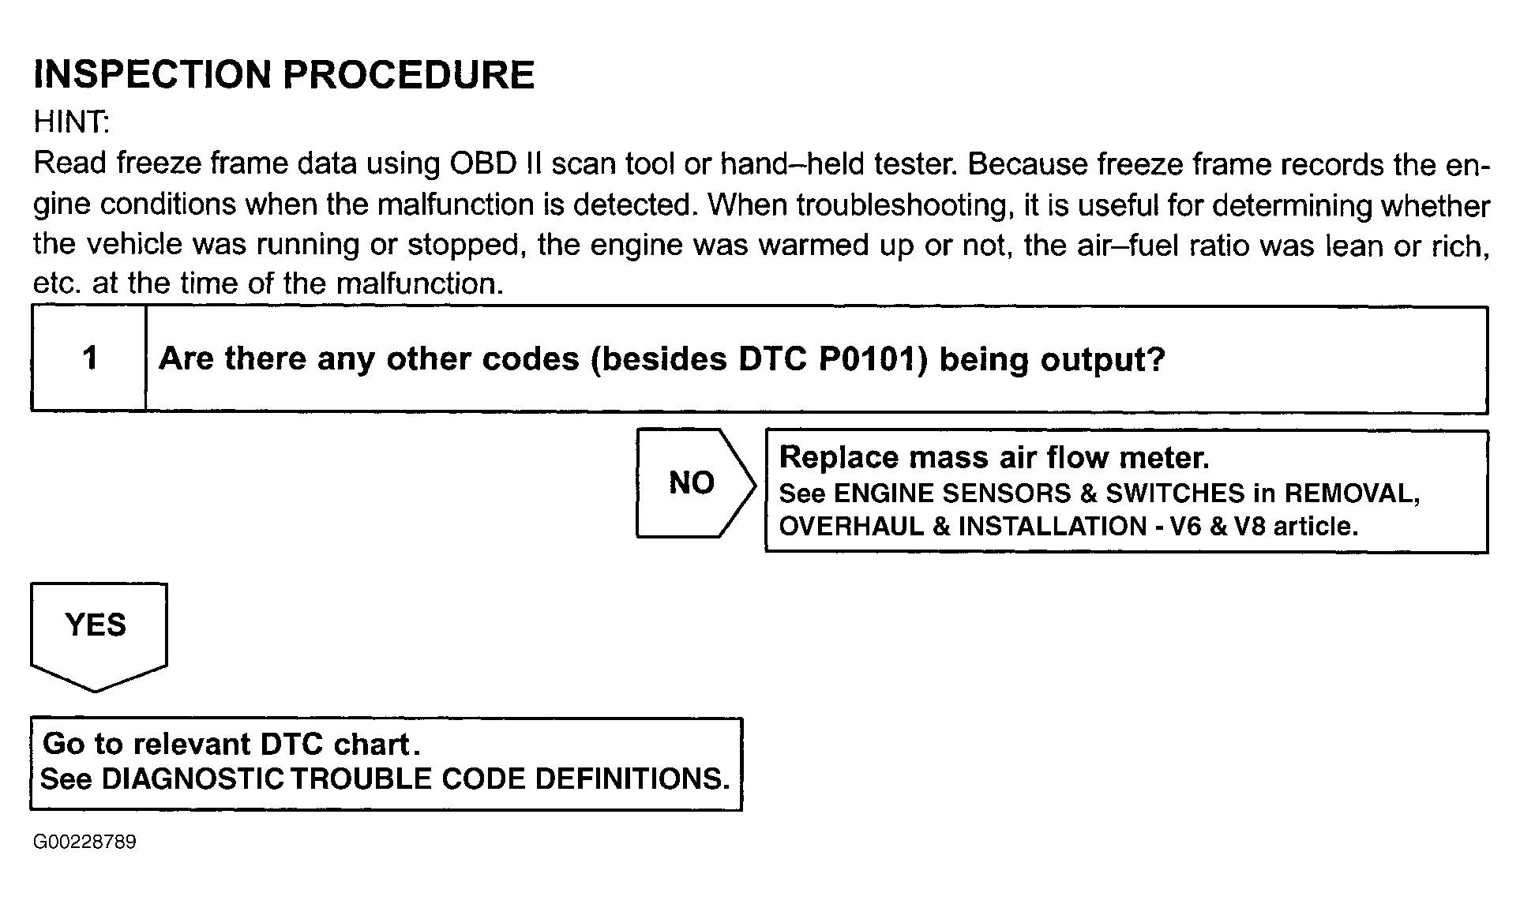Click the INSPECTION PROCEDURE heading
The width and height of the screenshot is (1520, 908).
284,75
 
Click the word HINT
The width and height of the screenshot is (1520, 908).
70,122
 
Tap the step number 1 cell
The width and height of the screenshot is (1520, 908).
89,359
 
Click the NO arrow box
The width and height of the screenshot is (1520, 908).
692,482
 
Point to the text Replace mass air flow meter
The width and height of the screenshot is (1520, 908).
993,458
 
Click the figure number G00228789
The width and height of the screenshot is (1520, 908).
84,842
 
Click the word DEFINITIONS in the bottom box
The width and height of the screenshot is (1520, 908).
632,779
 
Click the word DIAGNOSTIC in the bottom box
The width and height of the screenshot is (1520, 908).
193,779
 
